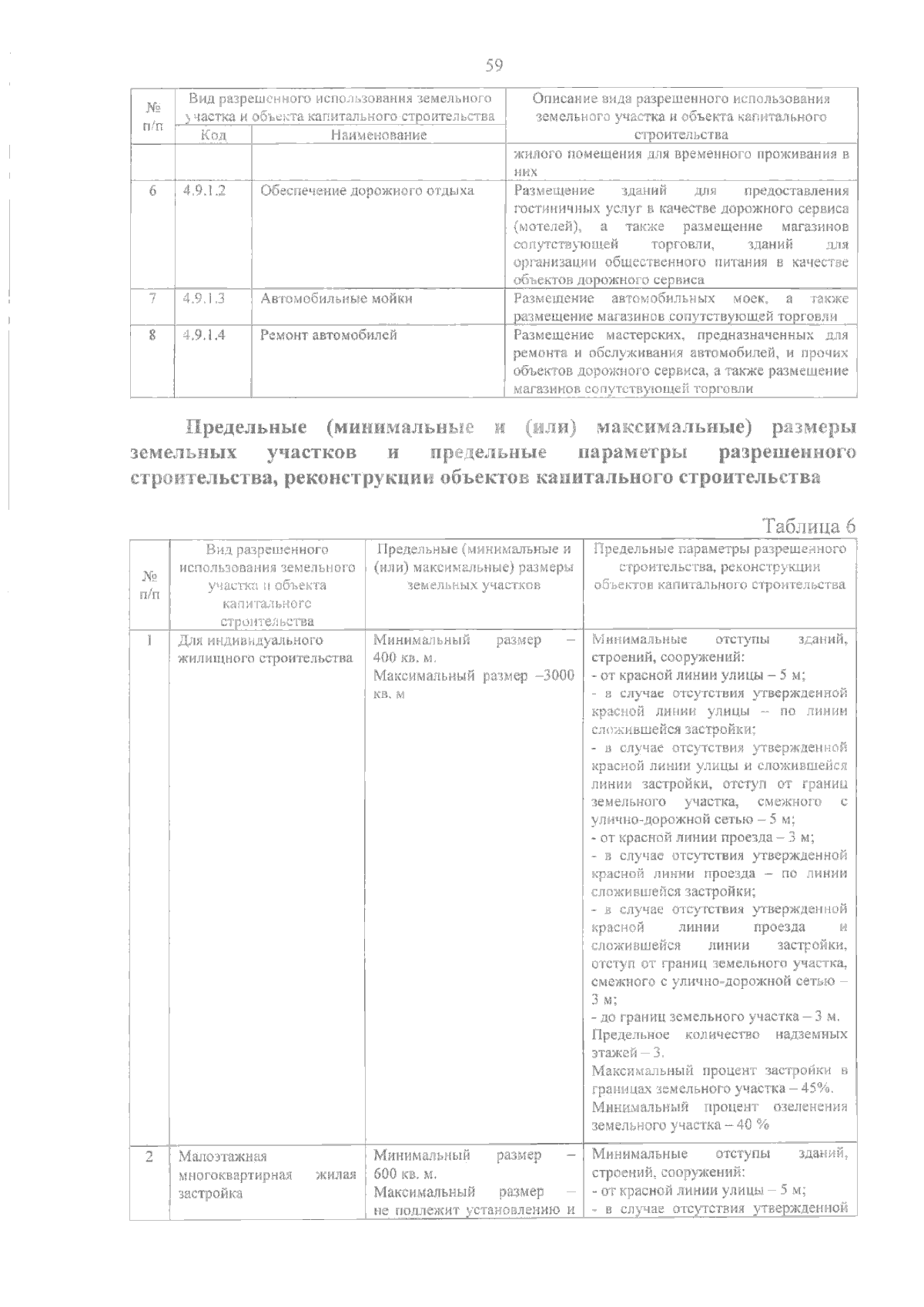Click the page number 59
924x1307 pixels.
494,65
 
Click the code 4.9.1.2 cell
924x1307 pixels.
204,190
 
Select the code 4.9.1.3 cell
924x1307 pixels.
204,298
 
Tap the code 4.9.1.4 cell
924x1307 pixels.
204,335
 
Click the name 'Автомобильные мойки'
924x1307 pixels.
336,298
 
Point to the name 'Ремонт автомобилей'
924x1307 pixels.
328,335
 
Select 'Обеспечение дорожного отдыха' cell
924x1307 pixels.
367,190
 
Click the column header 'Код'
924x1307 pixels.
213,135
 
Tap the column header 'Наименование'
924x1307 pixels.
378,135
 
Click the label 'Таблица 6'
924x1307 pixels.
808,526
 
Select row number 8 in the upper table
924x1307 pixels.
152,335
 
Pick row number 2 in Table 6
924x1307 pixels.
149,1156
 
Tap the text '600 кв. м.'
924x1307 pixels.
405,1175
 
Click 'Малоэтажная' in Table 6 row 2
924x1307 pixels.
223,1156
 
